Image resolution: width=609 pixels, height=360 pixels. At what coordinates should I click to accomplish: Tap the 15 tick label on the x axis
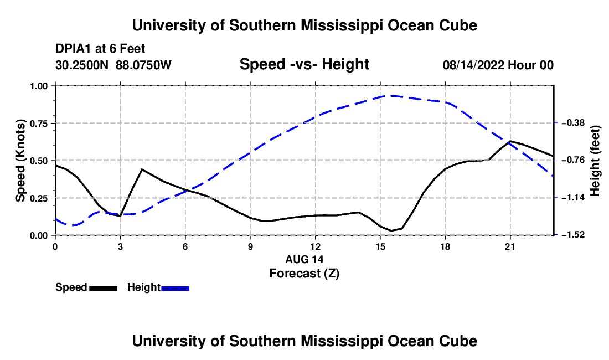[x=380, y=246]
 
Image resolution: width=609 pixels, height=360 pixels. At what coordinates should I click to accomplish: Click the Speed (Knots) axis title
[x=20, y=161]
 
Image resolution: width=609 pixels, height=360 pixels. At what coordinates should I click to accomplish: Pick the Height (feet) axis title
[x=595, y=161]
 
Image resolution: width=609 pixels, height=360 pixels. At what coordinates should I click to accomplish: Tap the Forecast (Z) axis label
[x=304, y=274]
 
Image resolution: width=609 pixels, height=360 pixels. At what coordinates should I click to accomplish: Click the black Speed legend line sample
[x=104, y=288]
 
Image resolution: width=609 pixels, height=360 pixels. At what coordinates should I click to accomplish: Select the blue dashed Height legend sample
[x=175, y=288]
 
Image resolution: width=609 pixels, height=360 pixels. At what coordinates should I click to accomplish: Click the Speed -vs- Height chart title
[x=304, y=64]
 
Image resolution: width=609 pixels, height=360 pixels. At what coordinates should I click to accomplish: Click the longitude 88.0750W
[x=143, y=65]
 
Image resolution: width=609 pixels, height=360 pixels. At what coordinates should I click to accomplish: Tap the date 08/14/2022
[x=473, y=65]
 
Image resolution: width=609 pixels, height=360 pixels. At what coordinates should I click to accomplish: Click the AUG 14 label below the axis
[x=304, y=259]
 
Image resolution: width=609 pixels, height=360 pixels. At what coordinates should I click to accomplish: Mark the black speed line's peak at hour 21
[x=509, y=141]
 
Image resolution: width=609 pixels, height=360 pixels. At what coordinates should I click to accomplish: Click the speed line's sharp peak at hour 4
[x=142, y=169]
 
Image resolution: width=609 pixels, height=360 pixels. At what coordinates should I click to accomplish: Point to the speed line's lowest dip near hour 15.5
[x=391, y=231]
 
